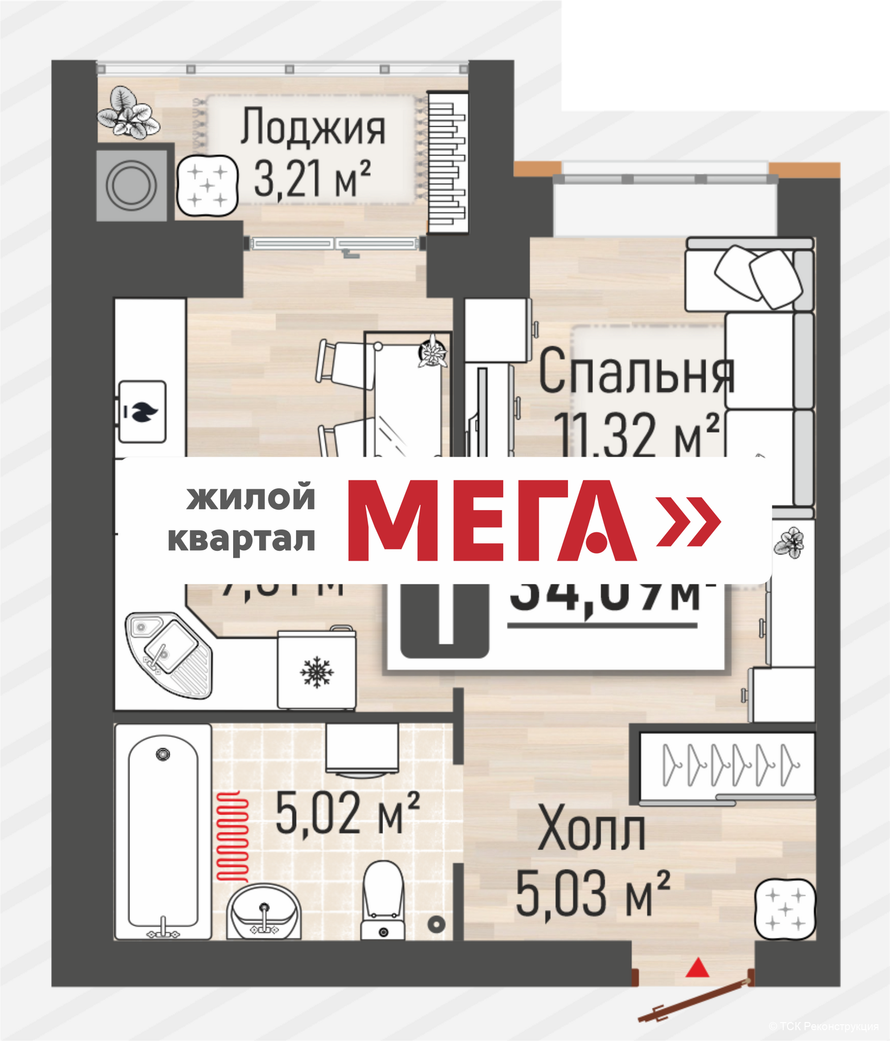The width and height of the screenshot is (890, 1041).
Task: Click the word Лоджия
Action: pyautogui.click(x=313, y=128)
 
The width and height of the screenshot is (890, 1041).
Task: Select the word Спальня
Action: pyautogui.click(x=636, y=373)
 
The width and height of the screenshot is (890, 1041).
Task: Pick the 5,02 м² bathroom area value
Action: pyautogui.click(x=347, y=814)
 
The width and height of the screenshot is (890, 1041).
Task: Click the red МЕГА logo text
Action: pyautogui.click(x=491, y=520)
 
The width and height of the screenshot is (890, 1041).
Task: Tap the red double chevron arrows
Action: pyautogui.click(x=689, y=521)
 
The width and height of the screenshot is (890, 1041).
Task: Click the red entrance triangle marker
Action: pyautogui.click(x=697, y=968)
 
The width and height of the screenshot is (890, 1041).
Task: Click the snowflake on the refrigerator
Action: pyautogui.click(x=317, y=673)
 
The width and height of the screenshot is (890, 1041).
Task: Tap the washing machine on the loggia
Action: pyautogui.click(x=132, y=185)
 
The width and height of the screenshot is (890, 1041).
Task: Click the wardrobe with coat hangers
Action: pyautogui.click(x=727, y=765)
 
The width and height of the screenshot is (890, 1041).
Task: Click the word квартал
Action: pyautogui.click(x=242, y=539)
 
